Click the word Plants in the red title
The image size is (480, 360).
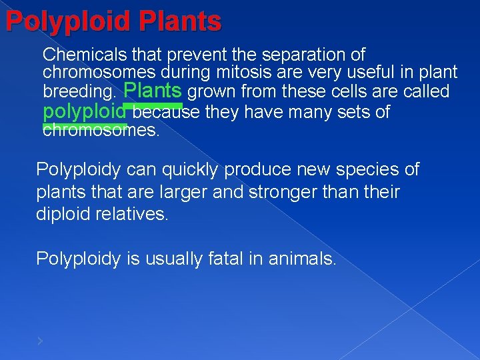(x=180, y=21)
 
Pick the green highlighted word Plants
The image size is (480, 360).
(x=153, y=89)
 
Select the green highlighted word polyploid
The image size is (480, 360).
(x=84, y=111)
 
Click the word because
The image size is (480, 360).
(x=167, y=112)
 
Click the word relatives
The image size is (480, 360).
(x=139, y=215)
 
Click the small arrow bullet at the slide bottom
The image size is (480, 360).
(x=40, y=341)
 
